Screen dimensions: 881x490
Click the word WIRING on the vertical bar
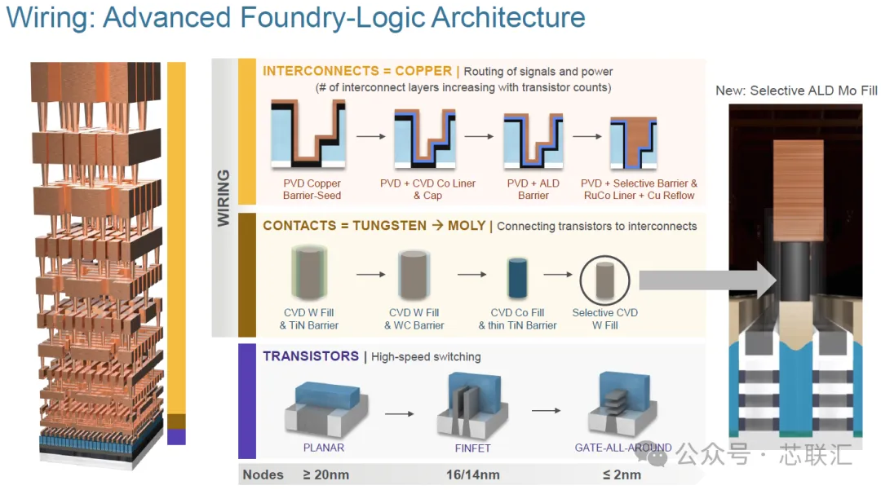(x=224, y=198)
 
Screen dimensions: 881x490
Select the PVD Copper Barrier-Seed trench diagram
(x=308, y=135)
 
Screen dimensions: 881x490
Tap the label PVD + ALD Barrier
(x=533, y=189)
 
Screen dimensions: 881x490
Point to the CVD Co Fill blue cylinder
(x=517, y=278)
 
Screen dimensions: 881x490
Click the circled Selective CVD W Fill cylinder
(x=605, y=280)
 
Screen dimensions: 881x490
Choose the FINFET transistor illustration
(x=472, y=406)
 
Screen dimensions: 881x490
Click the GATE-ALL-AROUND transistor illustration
(x=622, y=404)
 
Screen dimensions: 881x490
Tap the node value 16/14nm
(x=472, y=475)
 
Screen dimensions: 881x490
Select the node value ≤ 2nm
(x=622, y=475)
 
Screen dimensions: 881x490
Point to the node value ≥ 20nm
(x=325, y=475)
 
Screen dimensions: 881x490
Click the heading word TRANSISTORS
(x=311, y=356)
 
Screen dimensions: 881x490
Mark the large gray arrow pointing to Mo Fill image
(x=709, y=280)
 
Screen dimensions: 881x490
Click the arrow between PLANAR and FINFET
(x=400, y=413)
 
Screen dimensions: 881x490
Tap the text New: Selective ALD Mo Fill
(x=796, y=90)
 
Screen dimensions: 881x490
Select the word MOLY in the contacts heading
(x=467, y=226)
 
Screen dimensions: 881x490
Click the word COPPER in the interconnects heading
(x=423, y=71)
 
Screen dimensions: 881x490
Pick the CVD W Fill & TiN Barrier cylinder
(x=308, y=273)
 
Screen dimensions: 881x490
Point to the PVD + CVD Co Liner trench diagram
(x=425, y=139)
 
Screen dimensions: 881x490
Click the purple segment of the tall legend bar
(x=176, y=437)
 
